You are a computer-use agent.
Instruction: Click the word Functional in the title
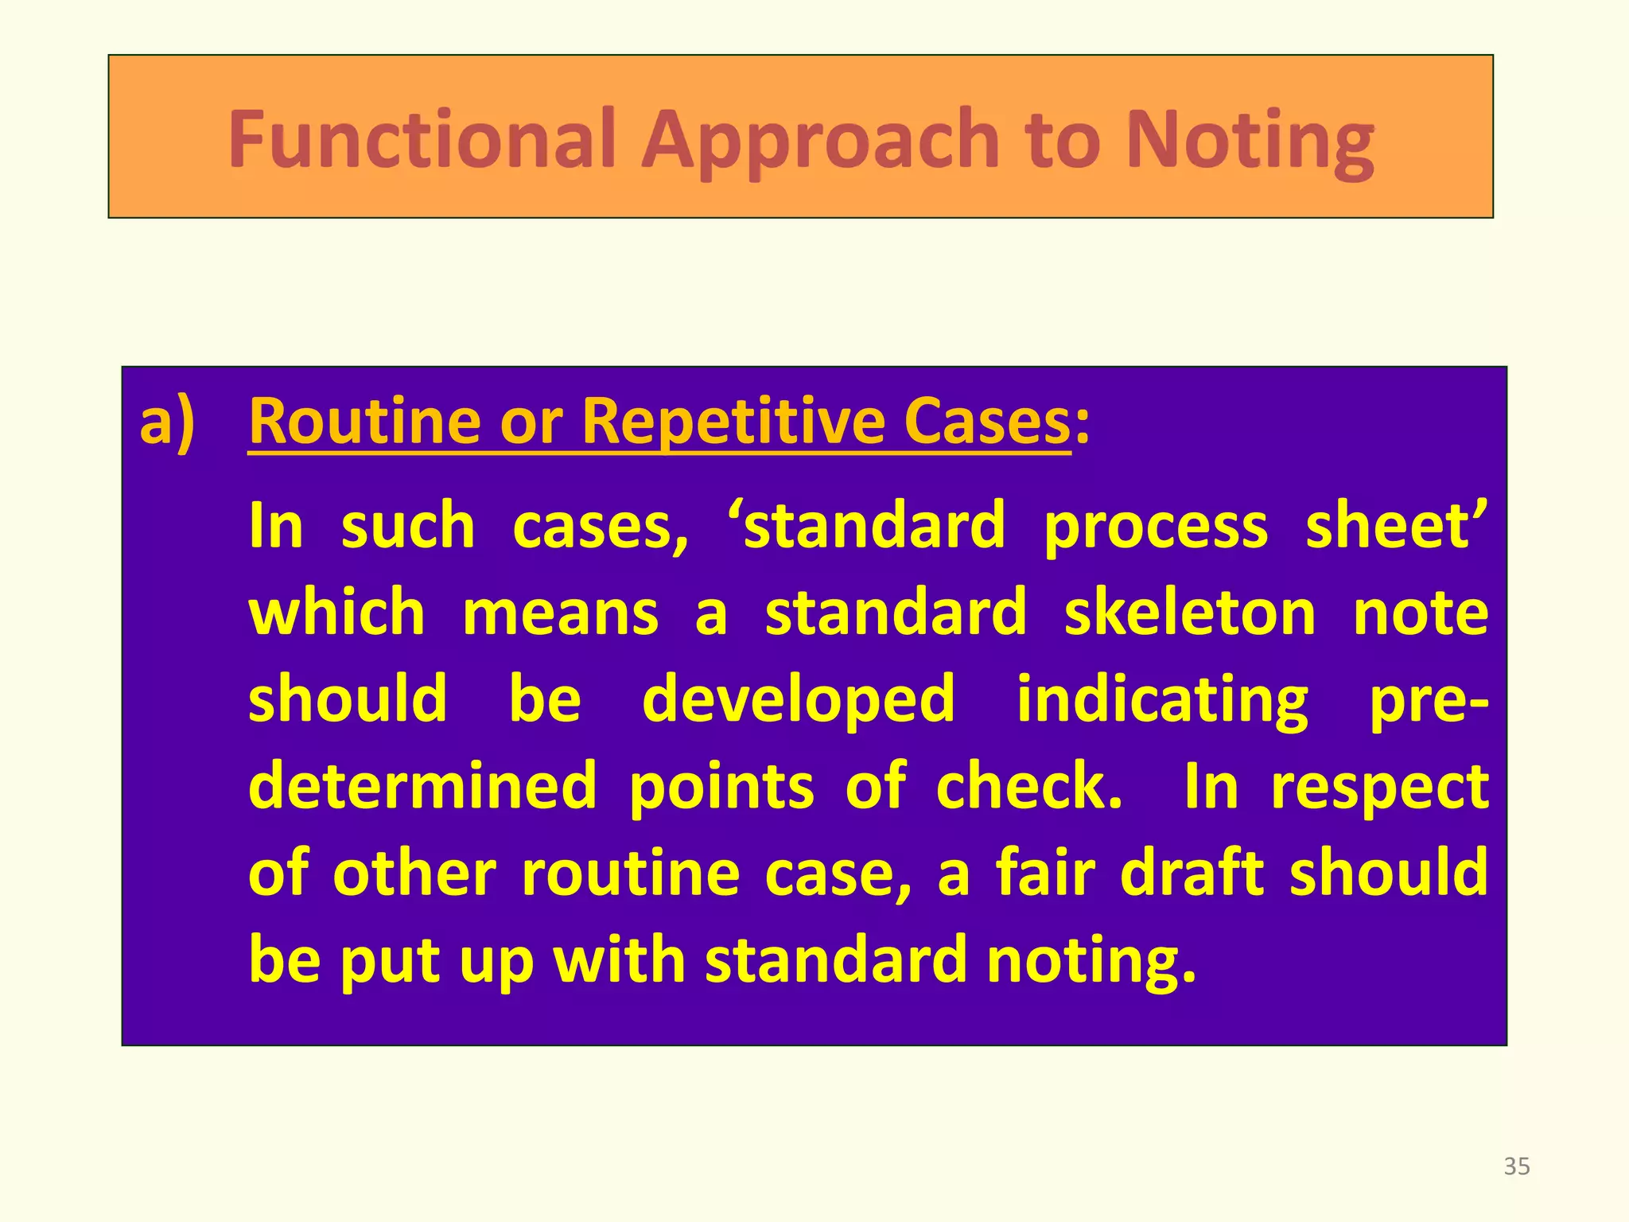[x=422, y=139]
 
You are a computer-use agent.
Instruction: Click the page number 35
[x=1517, y=1166]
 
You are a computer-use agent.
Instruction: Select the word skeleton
[x=1190, y=613]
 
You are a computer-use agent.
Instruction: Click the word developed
[x=798, y=701]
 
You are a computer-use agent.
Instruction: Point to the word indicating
[x=1162, y=701]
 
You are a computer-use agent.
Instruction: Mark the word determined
[x=422, y=786]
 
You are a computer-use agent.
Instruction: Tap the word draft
[x=1192, y=873]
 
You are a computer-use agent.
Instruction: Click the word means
[x=560, y=614]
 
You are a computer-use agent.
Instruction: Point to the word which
[x=336, y=613]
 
